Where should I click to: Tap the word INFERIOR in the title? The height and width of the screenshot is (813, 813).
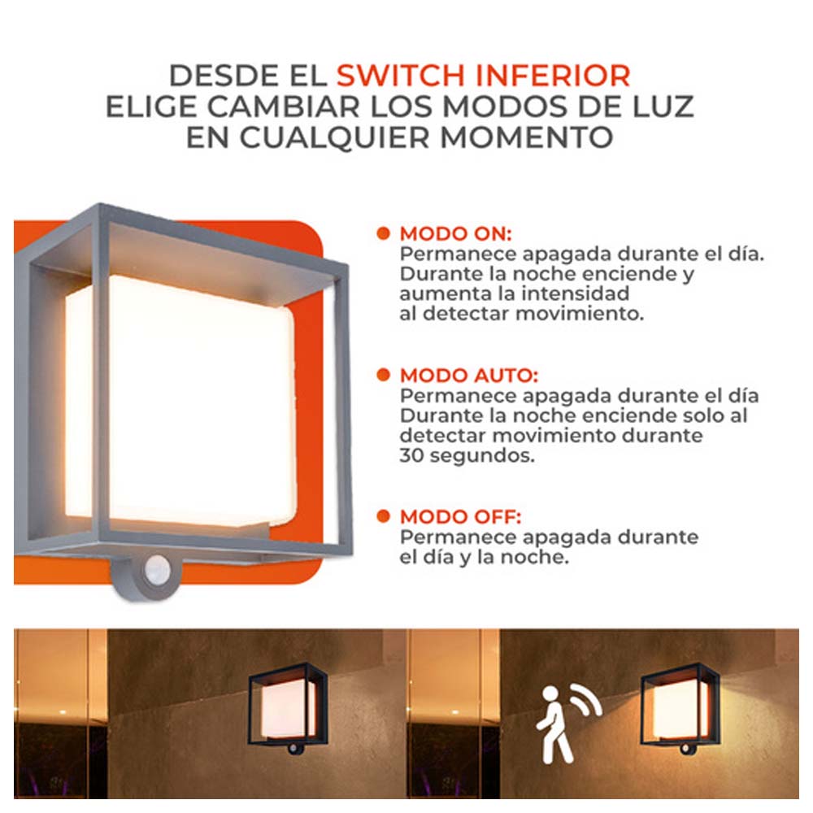pyautogui.click(x=553, y=76)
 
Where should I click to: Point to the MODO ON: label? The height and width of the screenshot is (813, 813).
pyautogui.click(x=456, y=234)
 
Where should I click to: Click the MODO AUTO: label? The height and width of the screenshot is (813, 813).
pyautogui.click(x=469, y=376)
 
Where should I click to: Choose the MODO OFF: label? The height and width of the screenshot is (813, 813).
pyautogui.click(x=460, y=517)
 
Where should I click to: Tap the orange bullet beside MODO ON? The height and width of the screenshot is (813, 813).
pyautogui.click(x=383, y=233)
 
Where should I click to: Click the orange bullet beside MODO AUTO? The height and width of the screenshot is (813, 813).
pyautogui.click(x=383, y=375)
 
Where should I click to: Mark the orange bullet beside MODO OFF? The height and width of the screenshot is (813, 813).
pyautogui.click(x=383, y=516)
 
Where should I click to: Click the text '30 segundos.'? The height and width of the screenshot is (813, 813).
pyautogui.click(x=467, y=456)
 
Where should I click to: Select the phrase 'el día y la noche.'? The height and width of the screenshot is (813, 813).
pyautogui.click(x=485, y=558)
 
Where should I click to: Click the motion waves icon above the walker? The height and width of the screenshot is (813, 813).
pyautogui.click(x=587, y=700)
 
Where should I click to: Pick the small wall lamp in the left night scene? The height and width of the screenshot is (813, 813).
pyautogui.click(x=288, y=709)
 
